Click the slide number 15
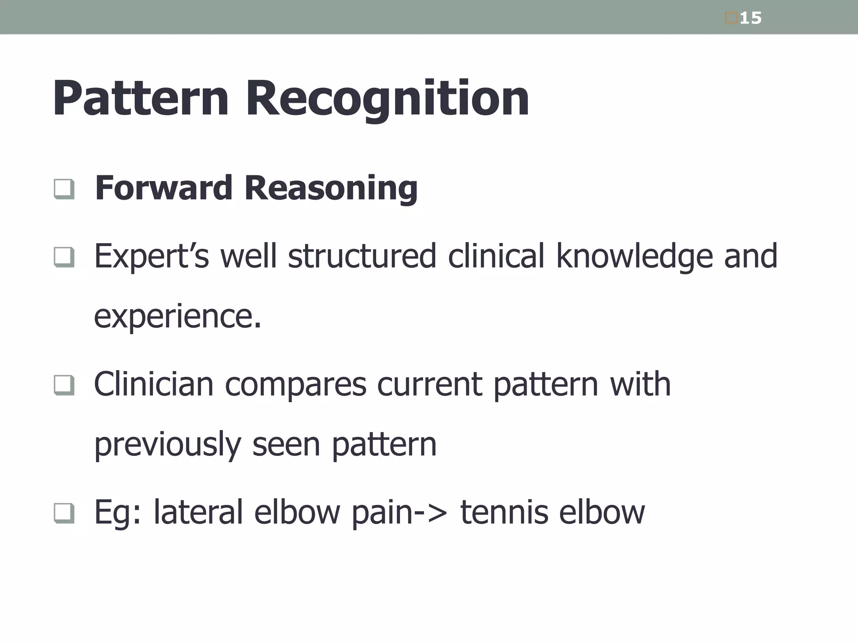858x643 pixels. click(x=750, y=18)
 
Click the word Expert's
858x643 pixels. click(x=151, y=257)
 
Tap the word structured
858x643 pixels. click(x=362, y=256)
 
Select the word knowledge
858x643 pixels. click(x=634, y=257)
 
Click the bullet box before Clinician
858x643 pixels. click(x=64, y=385)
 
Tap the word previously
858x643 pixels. click(x=168, y=445)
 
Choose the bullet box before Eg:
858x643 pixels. click(x=64, y=513)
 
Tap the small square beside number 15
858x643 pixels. click(x=731, y=18)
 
